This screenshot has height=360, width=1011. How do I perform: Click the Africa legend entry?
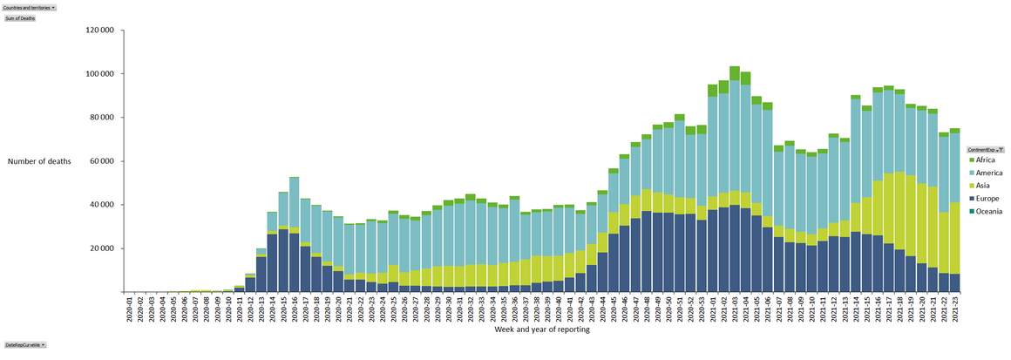[987, 160]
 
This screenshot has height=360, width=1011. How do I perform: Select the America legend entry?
[990, 173]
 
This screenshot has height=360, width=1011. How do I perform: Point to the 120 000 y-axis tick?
[100, 30]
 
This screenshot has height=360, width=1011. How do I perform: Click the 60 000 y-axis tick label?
[102, 161]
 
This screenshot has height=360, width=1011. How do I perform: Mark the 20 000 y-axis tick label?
[102, 248]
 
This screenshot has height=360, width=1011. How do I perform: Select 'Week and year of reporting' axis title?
[542, 329]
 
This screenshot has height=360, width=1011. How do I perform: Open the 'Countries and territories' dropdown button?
[30, 7]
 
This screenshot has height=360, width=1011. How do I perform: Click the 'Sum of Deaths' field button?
[20, 17]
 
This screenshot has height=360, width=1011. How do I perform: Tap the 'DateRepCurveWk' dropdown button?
[24, 345]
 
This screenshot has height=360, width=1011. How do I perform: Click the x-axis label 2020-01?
[128, 309]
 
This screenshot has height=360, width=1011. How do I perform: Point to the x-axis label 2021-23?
[955, 309]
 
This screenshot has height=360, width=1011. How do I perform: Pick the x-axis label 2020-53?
[702, 309]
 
